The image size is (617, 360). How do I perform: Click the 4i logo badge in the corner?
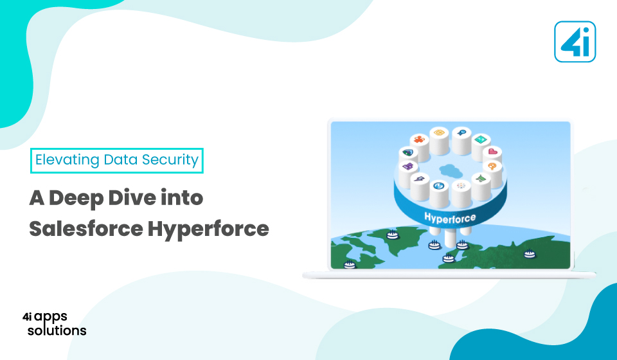575,42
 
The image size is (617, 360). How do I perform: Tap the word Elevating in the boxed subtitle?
67,159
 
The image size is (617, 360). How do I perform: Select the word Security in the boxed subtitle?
170,159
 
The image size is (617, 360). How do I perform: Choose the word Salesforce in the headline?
85,228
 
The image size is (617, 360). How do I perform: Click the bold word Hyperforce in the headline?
208,229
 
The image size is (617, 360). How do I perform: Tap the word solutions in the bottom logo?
57,330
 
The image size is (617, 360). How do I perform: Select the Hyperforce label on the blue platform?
450,217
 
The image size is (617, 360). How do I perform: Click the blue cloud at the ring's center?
450,170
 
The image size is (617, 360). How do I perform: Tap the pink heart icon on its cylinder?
492,152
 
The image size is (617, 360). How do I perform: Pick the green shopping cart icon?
481,179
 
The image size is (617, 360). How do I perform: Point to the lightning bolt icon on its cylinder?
420,179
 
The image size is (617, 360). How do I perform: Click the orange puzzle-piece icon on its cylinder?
419,139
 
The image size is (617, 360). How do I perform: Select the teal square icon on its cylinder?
480,139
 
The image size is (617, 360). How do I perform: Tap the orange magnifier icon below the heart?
492,166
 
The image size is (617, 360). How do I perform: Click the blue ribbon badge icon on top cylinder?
461,132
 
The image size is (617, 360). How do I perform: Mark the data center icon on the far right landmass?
530,254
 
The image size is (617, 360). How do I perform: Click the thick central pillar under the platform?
450,237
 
